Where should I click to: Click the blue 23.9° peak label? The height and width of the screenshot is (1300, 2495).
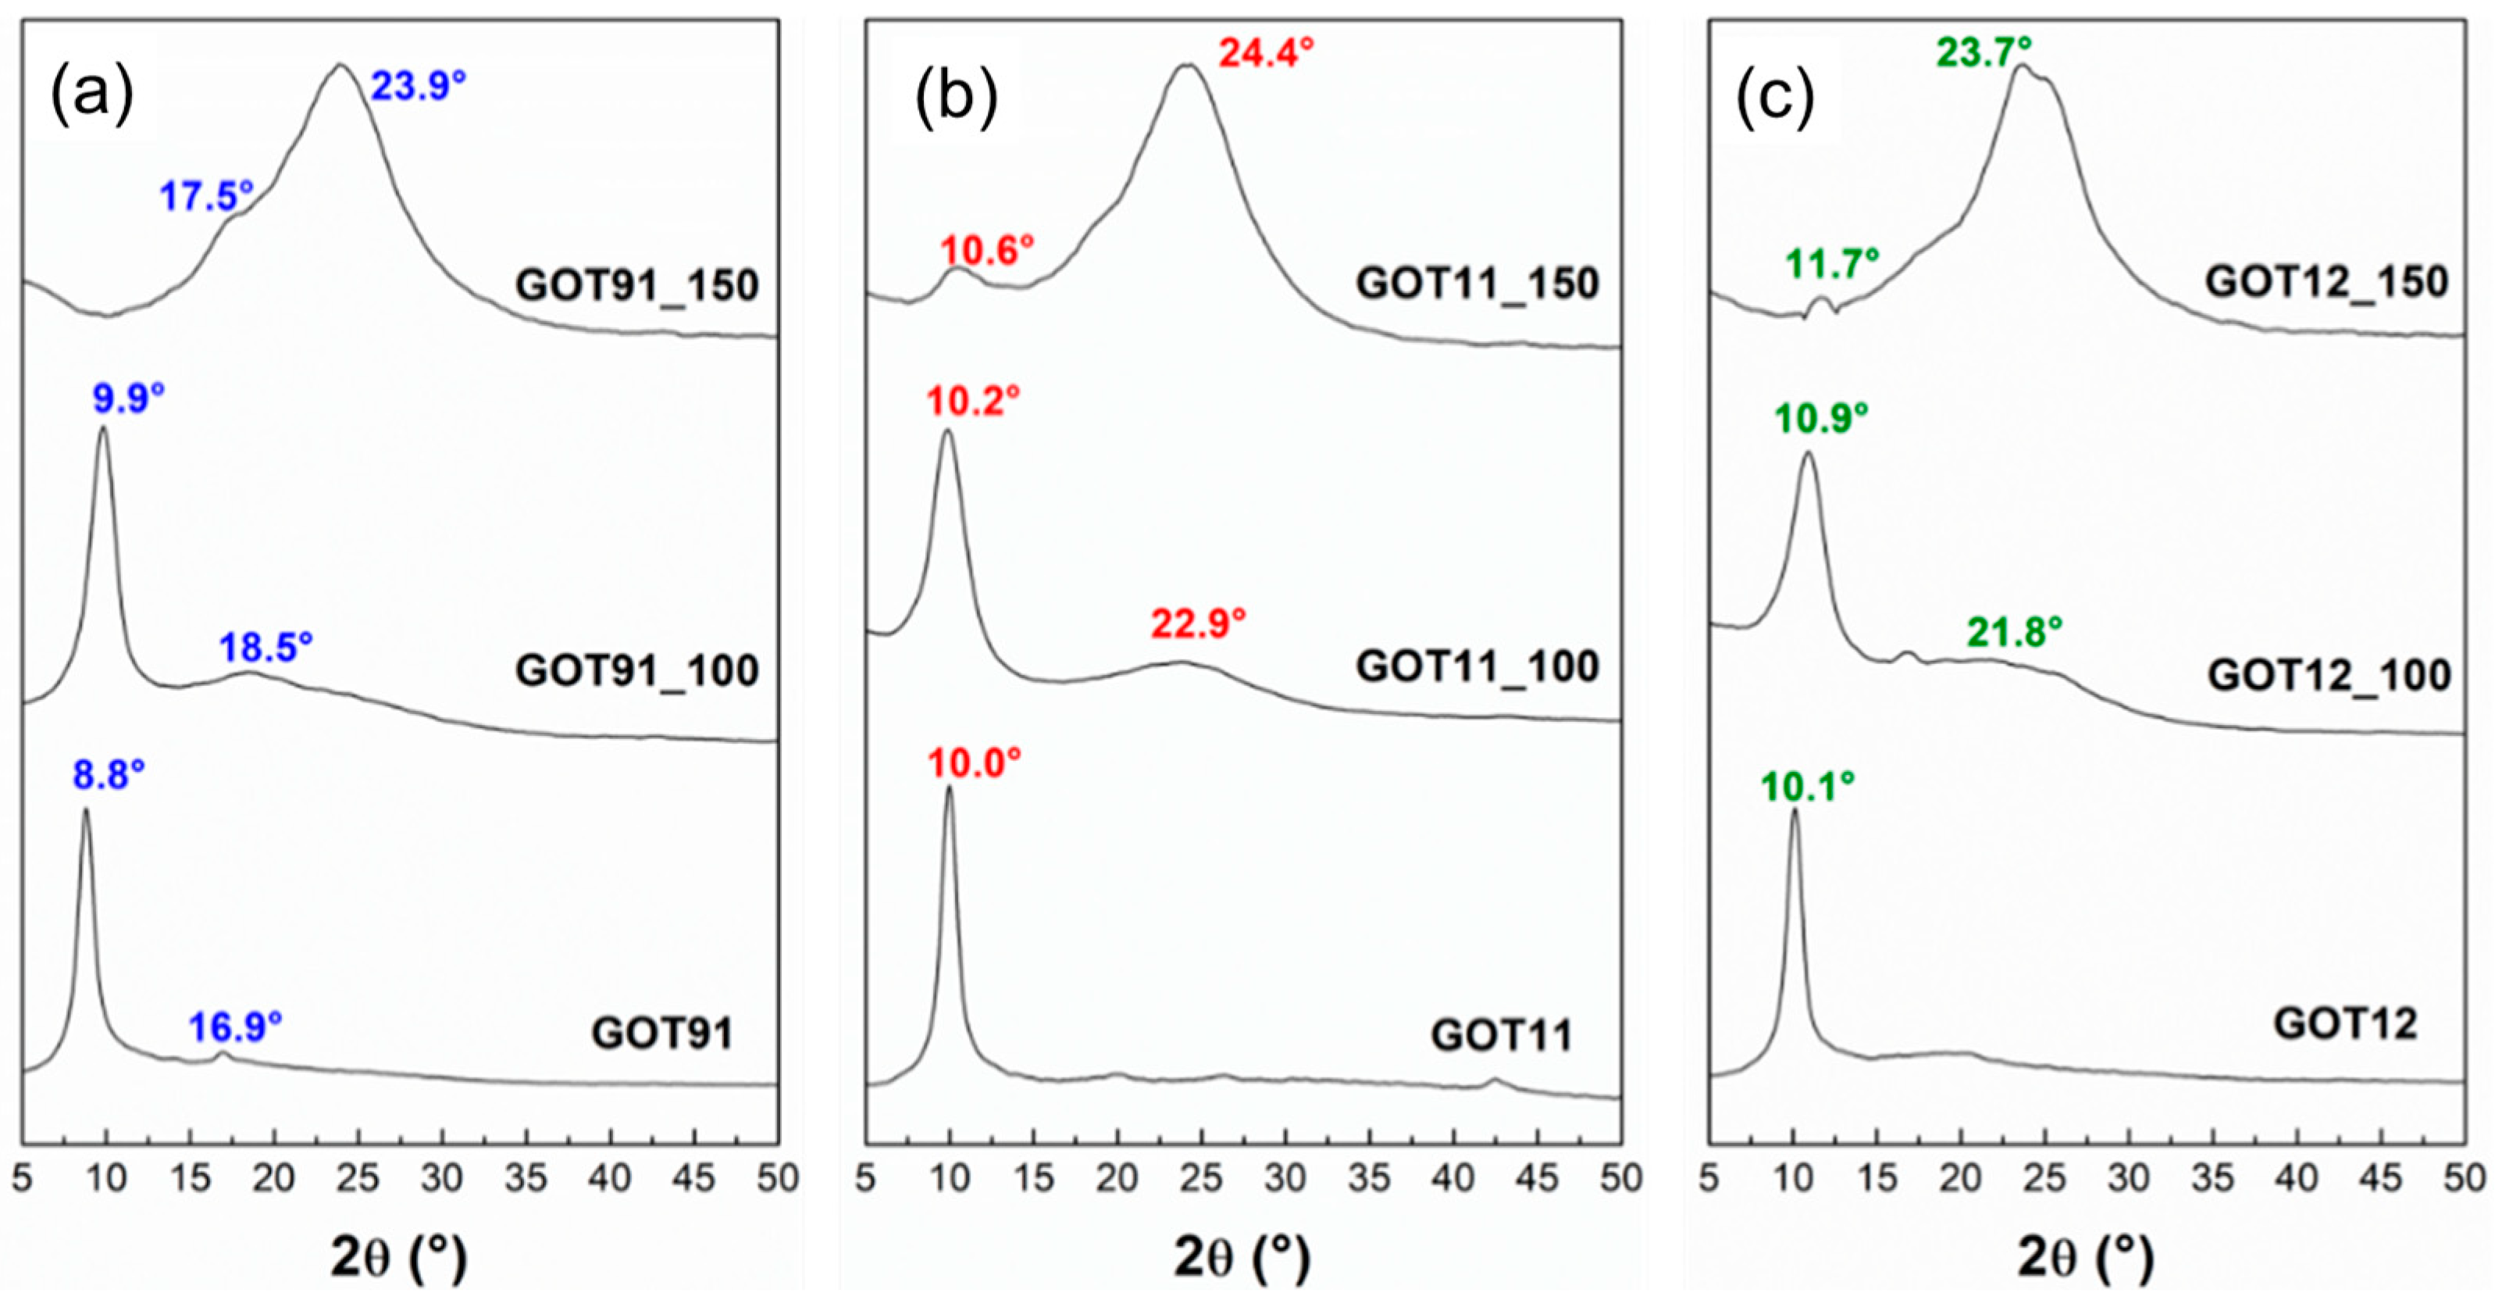(419, 86)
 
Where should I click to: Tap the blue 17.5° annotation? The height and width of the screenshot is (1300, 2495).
(206, 197)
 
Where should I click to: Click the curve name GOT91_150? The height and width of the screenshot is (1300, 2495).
(636, 286)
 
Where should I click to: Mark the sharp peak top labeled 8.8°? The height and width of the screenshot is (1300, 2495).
(86, 810)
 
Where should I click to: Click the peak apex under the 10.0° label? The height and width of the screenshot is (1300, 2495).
(948, 787)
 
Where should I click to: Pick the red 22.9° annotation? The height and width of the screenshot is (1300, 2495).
(1198, 624)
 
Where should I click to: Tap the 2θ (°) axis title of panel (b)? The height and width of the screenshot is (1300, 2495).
(1242, 1257)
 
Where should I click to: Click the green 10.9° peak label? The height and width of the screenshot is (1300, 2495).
(1821, 419)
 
